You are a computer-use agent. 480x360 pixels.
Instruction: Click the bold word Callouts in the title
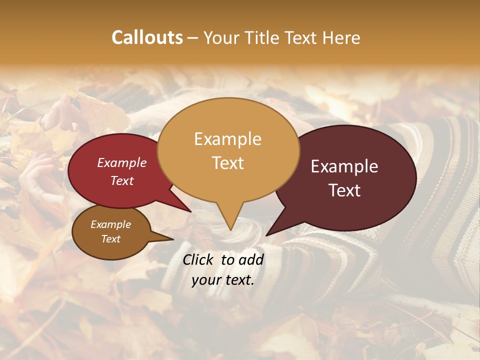coord(147,37)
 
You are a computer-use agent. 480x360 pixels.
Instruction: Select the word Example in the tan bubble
coord(227,139)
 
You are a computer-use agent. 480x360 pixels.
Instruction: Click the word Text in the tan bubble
coord(227,162)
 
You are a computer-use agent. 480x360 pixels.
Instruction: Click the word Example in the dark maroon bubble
coord(344,166)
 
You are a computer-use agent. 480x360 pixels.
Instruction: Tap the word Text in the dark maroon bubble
coord(344,190)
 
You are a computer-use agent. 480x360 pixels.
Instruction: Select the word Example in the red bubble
coord(122,162)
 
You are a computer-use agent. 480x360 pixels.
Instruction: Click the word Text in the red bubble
coord(122,180)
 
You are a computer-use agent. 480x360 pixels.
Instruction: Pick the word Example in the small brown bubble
coord(110,224)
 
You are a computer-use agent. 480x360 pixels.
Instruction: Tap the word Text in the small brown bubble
coord(110,239)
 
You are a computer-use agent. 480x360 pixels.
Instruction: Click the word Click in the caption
coord(199,259)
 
